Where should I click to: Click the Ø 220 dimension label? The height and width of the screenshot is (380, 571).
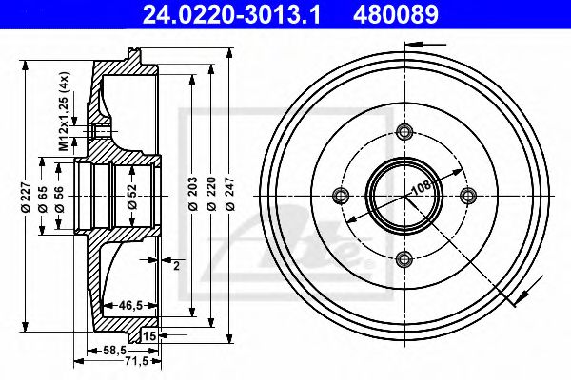click(210, 196)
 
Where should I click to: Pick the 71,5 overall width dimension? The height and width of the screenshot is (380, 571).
click(124, 363)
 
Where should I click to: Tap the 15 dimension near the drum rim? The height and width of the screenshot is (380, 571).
click(149, 336)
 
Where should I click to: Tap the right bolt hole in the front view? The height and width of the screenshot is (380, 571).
click(466, 195)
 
